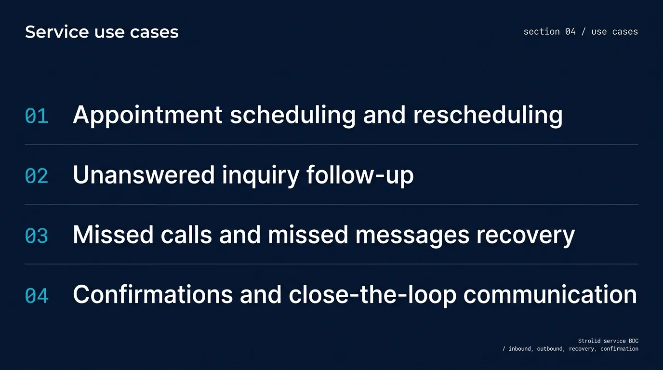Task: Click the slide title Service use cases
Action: point(102,32)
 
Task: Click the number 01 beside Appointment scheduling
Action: point(37,117)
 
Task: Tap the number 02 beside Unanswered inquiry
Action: point(37,176)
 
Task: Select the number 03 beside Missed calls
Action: point(37,236)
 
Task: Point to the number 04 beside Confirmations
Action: point(37,296)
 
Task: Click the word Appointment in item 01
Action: point(147,116)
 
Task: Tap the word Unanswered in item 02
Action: point(144,175)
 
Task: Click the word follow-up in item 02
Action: point(360,175)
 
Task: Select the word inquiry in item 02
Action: point(261,175)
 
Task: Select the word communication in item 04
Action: point(550,295)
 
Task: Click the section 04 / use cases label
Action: point(581,32)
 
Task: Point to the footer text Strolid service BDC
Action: point(608,341)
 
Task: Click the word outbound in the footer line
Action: point(550,349)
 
